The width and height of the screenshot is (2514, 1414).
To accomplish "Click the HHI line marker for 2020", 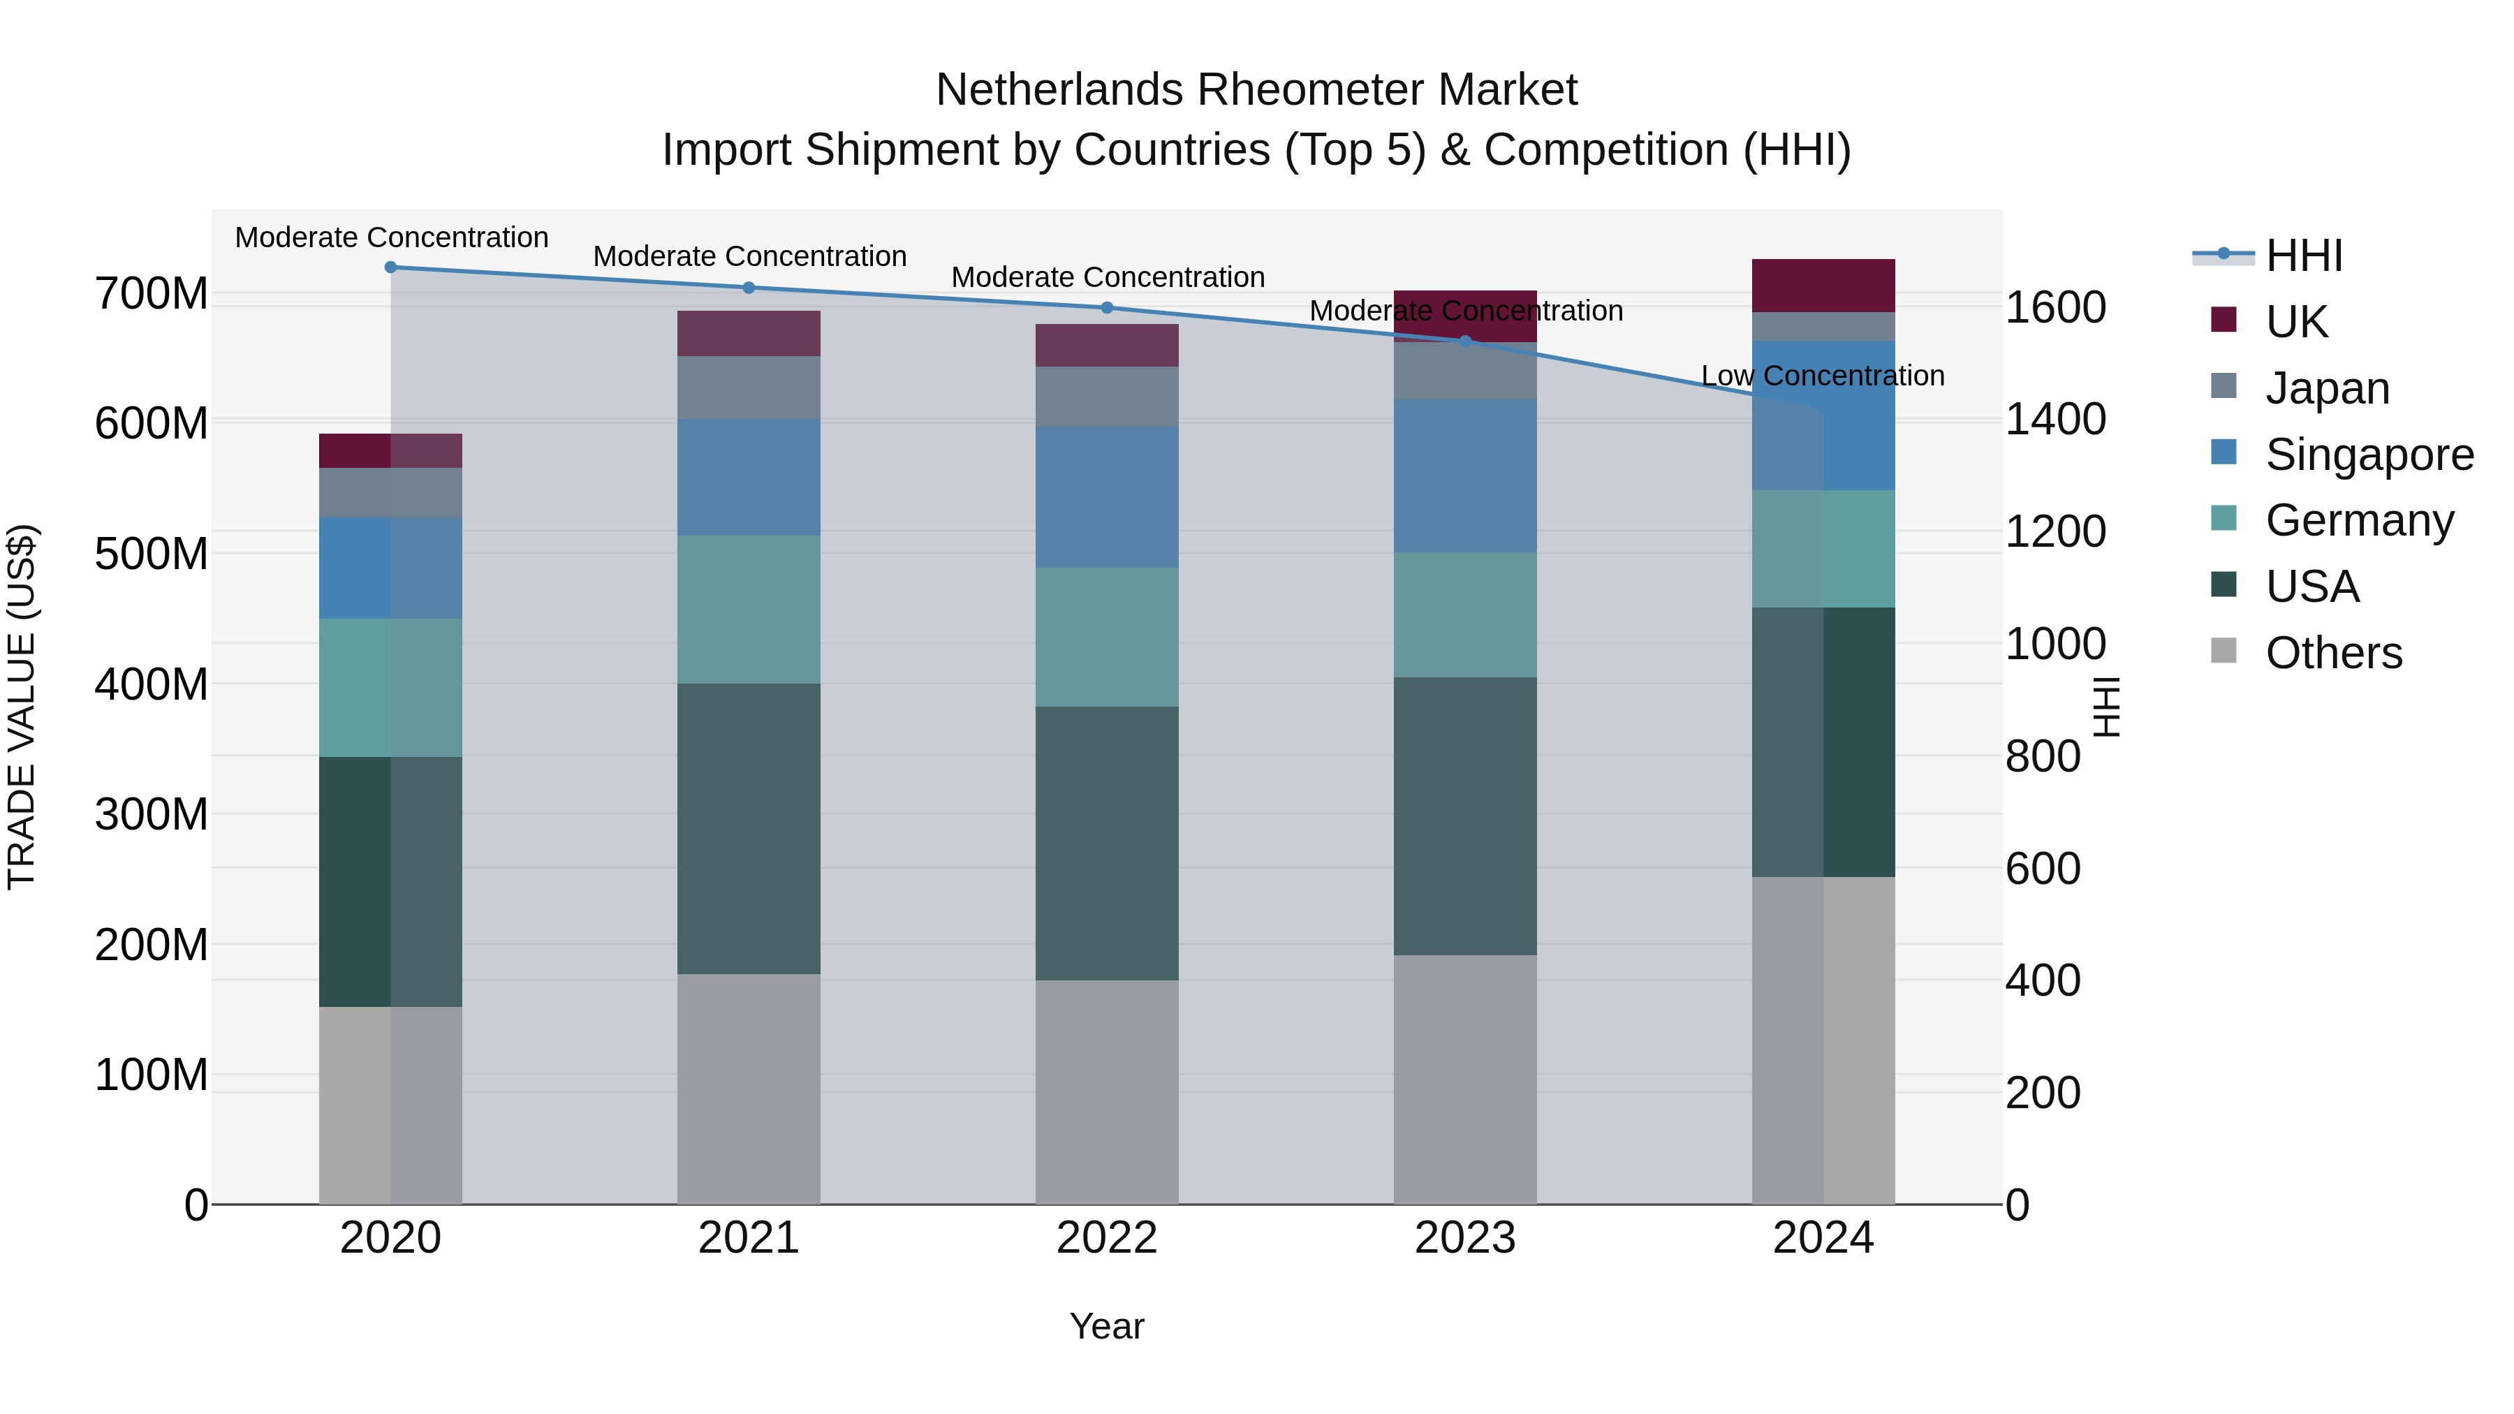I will click(390, 267).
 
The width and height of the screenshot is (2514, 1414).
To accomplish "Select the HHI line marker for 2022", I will click(1107, 309).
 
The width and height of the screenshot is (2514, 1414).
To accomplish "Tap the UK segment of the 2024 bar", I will click(1823, 286).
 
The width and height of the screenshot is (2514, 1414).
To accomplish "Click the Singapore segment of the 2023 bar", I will click(1465, 476).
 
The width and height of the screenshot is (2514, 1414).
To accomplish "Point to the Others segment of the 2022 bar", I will click(1107, 1092).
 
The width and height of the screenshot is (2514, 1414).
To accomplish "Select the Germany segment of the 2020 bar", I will click(390, 688).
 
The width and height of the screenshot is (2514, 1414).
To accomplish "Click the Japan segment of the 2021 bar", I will click(749, 388).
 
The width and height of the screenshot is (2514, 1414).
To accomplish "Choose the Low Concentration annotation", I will click(1822, 376).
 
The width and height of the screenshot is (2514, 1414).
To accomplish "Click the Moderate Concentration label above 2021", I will click(749, 257).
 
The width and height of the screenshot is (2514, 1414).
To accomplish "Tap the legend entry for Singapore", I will click(2369, 455).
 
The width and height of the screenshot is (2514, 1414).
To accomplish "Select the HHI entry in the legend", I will click(2303, 256).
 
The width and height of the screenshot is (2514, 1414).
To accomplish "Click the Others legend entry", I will click(2332, 653).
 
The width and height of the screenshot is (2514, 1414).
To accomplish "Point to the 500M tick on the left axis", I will click(152, 554).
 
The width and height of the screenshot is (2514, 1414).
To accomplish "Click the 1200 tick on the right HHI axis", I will click(2055, 532).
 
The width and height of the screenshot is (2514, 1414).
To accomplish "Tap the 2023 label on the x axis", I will click(1465, 1238).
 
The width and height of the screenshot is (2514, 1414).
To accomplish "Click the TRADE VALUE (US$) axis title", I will click(22, 707).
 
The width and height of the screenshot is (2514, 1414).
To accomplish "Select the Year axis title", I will click(1107, 1326).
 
